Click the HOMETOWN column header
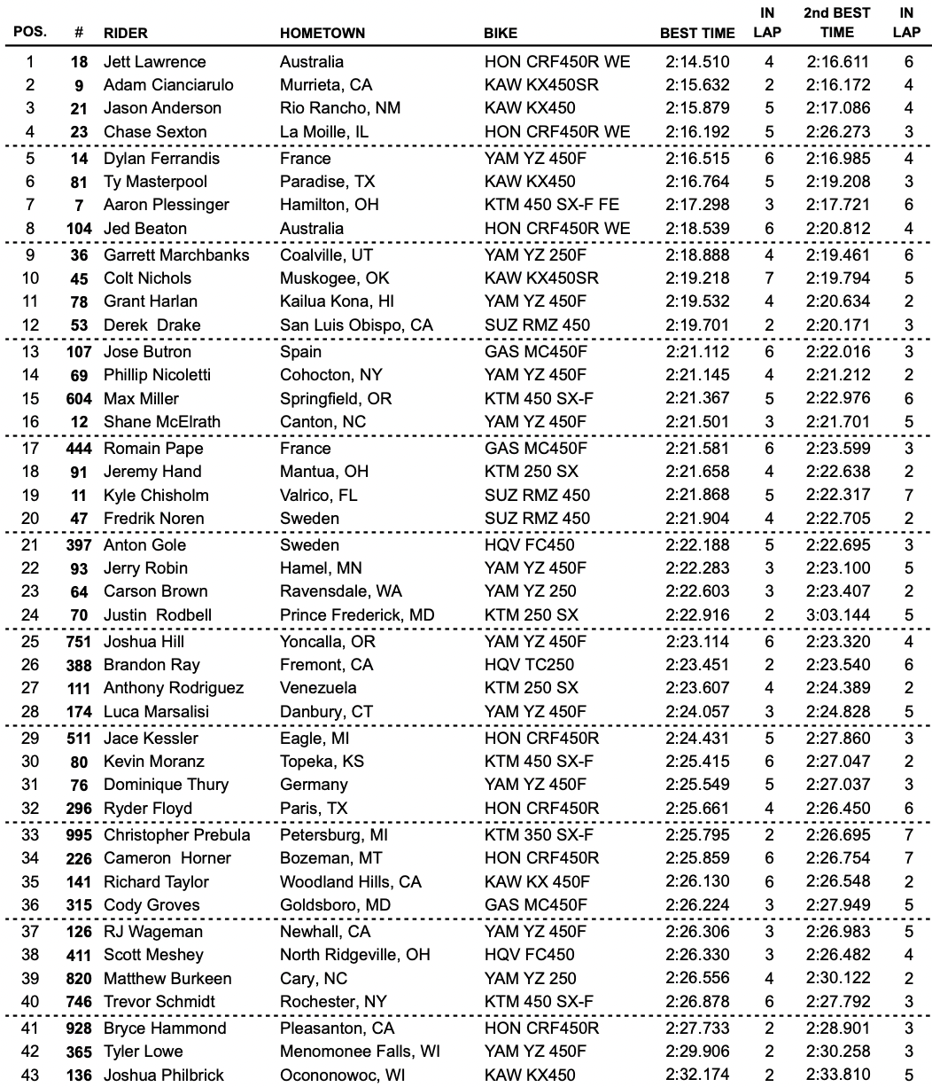(x=322, y=34)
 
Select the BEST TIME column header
(x=697, y=34)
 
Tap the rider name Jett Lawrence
(x=154, y=62)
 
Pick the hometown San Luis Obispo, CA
(x=356, y=325)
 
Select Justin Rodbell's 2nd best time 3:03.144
(x=837, y=614)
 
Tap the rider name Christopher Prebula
(x=177, y=835)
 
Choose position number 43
(x=30, y=1075)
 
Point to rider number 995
(x=78, y=835)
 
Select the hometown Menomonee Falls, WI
(x=360, y=1052)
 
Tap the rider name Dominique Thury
(x=166, y=785)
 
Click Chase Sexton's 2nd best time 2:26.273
(x=837, y=132)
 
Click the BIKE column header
(x=501, y=34)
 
